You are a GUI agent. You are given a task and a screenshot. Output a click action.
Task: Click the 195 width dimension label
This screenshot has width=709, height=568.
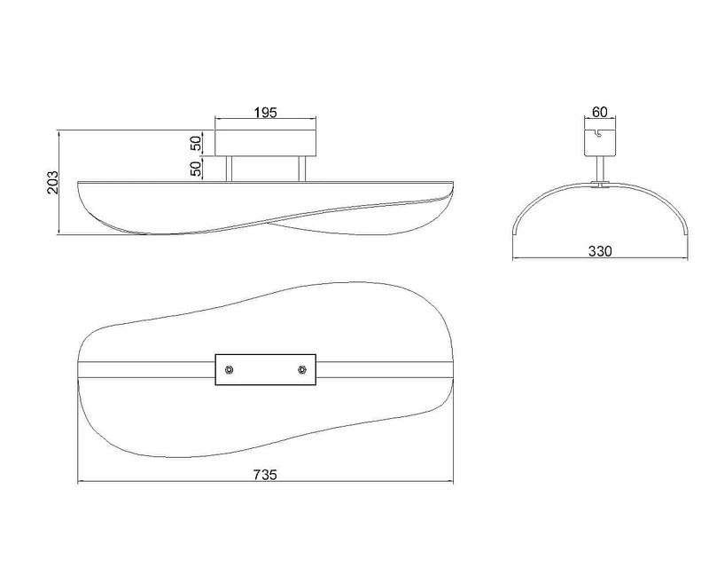pos(265,113)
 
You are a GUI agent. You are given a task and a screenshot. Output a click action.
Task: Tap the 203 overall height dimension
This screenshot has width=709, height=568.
pos(53,182)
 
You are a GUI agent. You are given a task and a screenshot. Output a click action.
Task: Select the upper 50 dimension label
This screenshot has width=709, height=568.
pos(196,144)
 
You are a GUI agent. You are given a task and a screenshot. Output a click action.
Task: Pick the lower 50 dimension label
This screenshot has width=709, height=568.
pos(196,169)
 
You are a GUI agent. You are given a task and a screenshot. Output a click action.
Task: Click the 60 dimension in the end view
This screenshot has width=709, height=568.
pos(600,112)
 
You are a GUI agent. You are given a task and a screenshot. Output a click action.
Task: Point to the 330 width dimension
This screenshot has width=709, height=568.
pos(600,251)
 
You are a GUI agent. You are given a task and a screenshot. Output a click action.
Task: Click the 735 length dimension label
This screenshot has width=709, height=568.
pos(264,475)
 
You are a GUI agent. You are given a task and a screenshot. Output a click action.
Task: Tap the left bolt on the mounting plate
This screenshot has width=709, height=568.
pos(230,370)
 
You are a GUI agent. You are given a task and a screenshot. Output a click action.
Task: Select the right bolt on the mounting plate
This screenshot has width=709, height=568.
pos(301,370)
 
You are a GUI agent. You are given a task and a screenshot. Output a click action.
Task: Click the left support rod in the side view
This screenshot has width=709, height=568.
pos(230,169)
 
